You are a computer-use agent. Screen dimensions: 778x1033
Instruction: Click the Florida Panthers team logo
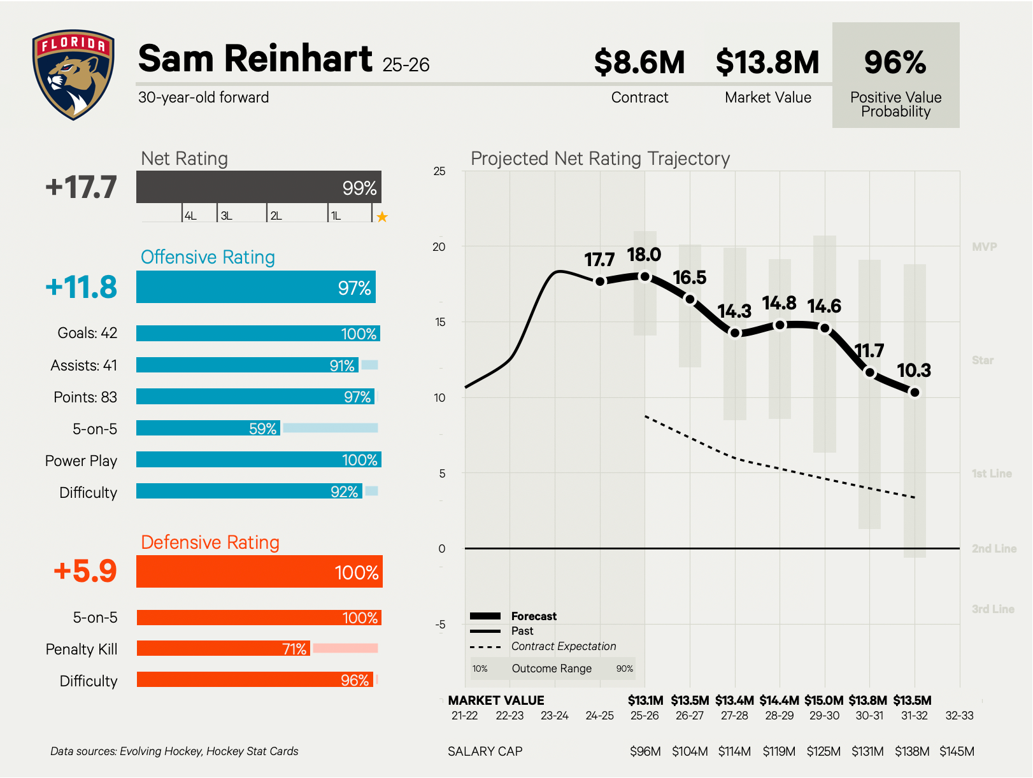pos(73,74)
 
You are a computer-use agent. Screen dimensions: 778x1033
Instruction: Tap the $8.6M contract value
pos(639,62)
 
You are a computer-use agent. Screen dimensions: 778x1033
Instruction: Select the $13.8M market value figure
pos(767,62)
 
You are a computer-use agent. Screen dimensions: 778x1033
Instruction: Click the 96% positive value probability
pos(895,62)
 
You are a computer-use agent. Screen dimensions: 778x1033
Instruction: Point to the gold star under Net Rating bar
pos(382,217)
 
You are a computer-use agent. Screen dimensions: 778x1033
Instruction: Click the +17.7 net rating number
pos(82,187)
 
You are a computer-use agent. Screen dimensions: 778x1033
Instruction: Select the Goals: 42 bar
pos(258,334)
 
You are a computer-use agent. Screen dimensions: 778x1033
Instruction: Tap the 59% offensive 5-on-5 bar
pos(209,428)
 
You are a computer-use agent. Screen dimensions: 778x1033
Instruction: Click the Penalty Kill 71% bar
pos(223,648)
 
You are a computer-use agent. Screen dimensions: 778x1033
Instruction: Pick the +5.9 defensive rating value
pos(85,571)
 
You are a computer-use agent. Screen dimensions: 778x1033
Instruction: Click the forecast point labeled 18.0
pos(645,276)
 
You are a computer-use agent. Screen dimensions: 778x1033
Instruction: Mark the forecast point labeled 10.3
pos(915,392)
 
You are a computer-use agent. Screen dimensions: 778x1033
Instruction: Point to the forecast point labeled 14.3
pos(735,333)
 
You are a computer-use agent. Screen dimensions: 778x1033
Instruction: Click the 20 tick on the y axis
pos(439,247)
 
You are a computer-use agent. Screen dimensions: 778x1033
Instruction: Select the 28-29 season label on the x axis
pos(780,716)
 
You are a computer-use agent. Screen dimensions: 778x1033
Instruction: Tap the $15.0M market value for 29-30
pos(824,700)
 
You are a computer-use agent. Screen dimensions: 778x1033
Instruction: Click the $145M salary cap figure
pos(957,751)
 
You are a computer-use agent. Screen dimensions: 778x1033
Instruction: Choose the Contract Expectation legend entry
pos(563,646)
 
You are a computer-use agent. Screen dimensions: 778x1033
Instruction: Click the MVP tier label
pos(984,247)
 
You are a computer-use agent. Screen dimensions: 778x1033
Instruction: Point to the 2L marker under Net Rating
pos(276,216)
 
